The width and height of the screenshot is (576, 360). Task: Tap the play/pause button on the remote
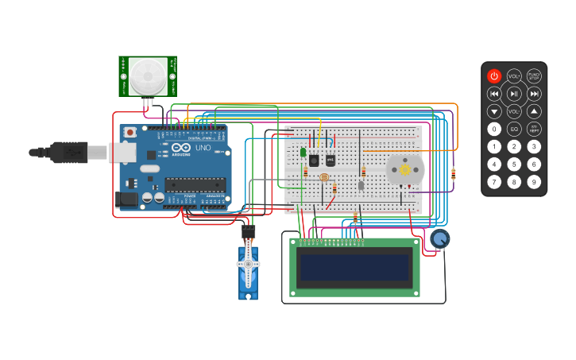514,94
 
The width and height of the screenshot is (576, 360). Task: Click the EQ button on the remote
514,129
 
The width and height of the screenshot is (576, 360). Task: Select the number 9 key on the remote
535,182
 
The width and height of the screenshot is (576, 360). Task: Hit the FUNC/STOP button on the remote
535,76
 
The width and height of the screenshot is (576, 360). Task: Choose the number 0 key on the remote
494,129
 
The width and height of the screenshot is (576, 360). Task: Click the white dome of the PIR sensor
148,75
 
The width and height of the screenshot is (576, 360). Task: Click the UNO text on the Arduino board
203,148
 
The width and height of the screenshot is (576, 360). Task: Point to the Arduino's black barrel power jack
126,200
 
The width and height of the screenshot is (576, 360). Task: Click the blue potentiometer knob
439,238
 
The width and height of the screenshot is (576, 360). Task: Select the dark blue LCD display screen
355,267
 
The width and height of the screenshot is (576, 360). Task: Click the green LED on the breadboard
303,152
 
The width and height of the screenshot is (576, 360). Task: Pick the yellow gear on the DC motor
404,169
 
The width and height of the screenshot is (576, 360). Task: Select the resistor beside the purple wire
453,175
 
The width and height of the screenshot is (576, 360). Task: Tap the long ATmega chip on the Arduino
195,185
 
